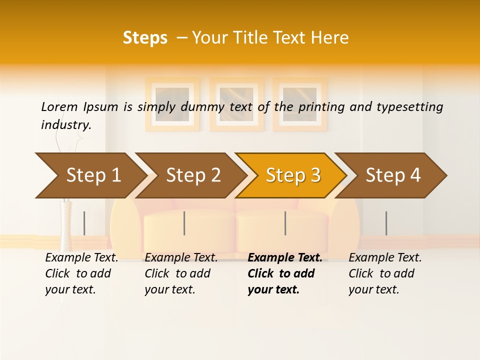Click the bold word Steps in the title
145,38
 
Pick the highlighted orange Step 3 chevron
293,175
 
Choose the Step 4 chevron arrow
393,175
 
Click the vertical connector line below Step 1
84,223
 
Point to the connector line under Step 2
184,223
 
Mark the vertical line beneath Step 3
285,223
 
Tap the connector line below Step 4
386,223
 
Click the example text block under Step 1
81,273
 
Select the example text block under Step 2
181,273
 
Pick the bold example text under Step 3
284,273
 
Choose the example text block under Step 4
385,273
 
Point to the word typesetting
409,107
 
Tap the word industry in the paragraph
65,125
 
